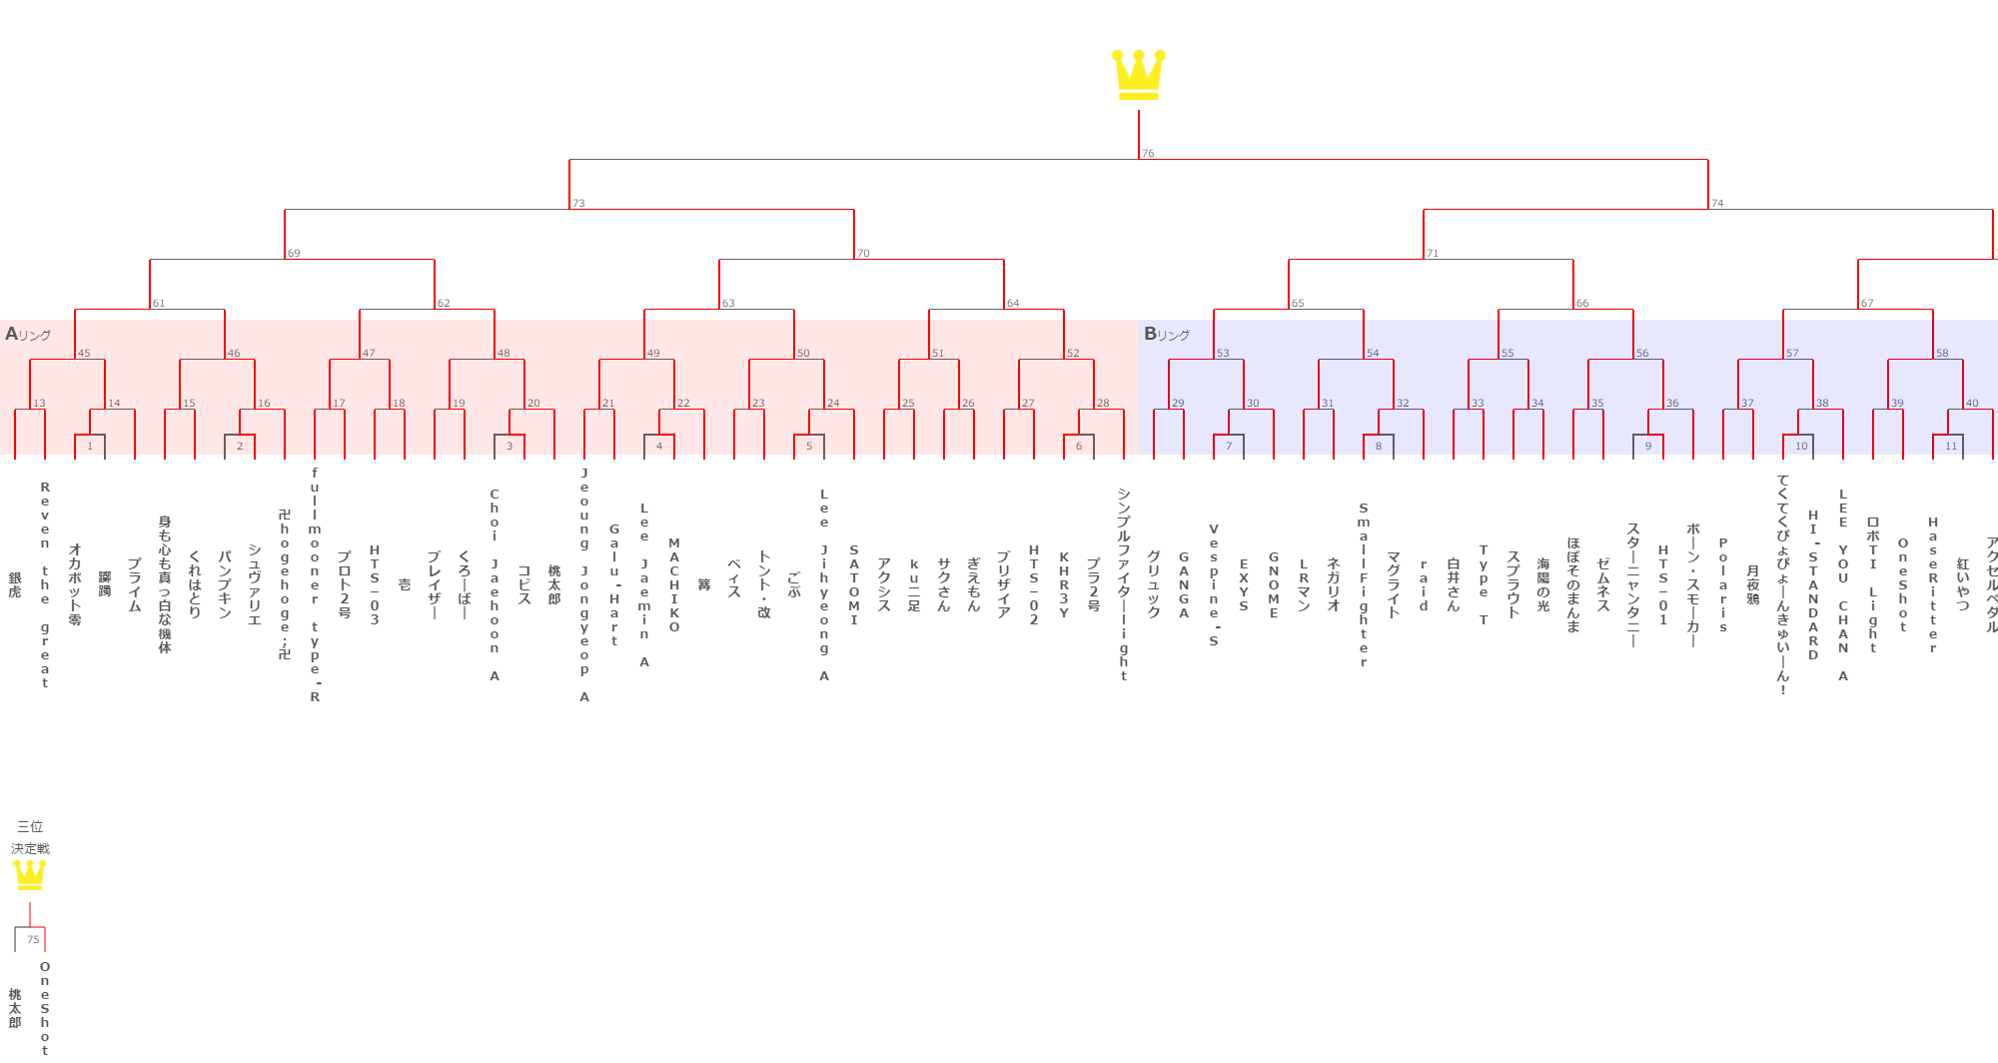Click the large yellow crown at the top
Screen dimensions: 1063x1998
pyautogui.click(x=1139, y=75)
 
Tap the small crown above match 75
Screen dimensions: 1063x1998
pyautogui.click(x=30, y=875)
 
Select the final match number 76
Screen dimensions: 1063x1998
pyautogui.click(x=1148, y=154)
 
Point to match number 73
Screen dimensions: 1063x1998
pyautogui.click(x=578, y=204)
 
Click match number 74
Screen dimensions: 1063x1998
pyautogui.click(x=1717, y=204)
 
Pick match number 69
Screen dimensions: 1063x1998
pyautogui.click(x=294, y=254)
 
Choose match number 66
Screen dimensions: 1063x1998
pyautogui.click(x=1582, y=304)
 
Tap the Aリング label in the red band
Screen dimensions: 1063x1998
pyautogui.click(x=28, y=335)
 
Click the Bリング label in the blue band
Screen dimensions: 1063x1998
pyautogui.click(x=1167, y=335)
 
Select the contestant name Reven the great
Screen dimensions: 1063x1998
pyautogui.click(x=45, y=584)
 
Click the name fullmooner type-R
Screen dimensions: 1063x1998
pyautogui.click(x=315, y=584)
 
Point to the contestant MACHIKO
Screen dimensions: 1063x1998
pyautogui.click(x=674, y=585)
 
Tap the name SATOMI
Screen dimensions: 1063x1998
pyautogui.click(x=854, y=585)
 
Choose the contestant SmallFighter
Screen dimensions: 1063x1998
pyautogui.click(x=1364, y=585)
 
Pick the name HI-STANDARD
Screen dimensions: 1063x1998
pyautogui.click(x=1813, y=585)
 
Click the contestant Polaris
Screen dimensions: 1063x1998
pyautogui.click(x=1723, y=585)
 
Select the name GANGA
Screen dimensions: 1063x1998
pyautogui.click(x=1184, y=585)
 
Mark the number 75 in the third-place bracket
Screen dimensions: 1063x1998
pyautogui.click(x=33, y=940)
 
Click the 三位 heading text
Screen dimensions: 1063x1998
pyautogui.click(x=30, y=827)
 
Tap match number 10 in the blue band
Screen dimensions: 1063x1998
pyautogui.click(x=1801, y=447)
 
